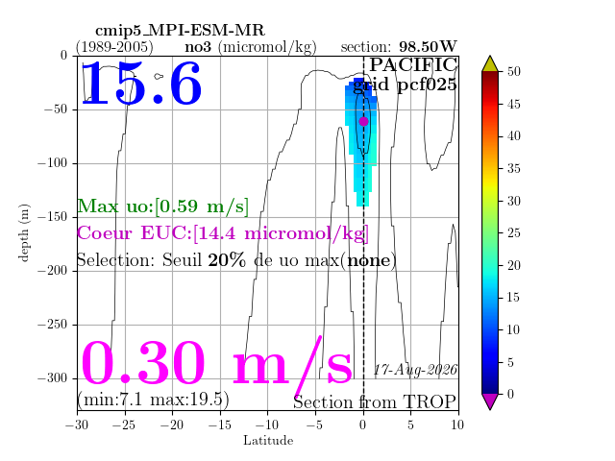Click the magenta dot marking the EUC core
tap(363, 122)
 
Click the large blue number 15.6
tap(141, 84)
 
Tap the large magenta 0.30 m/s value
tap(216, 364)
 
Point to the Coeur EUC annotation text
tap(223, 233)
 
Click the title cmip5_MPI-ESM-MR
tap(180, 30)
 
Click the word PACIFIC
tap(413, 64)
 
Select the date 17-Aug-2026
tap(415, 369)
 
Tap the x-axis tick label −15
tap(220, 425)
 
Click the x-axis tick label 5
tap(410, 425)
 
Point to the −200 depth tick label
tap(53, 271)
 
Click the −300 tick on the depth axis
tap(53, 378)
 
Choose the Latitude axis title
tap(268, 441)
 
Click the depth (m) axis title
tap(23, 232)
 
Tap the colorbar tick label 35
tap(513, 169)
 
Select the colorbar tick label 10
tap(513, 329)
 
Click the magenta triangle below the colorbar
tap(490, 400)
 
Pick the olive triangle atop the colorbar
tap(490, 64)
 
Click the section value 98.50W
tap(428, 47)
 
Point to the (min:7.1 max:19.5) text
tap(153, 400)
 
